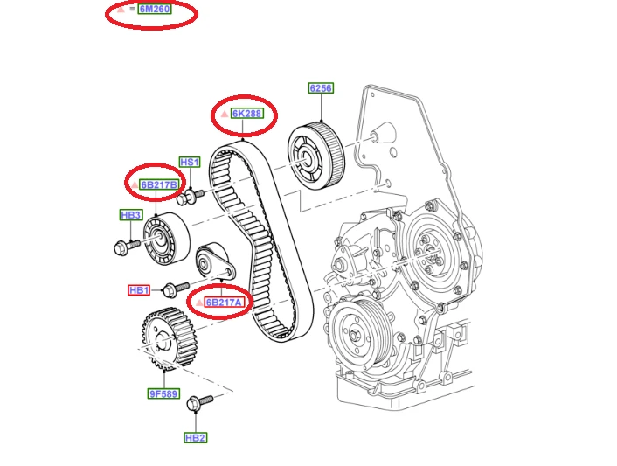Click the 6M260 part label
pyautogui.click(x=155, y=9)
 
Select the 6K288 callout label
pyautogui.click(x=246, y=114)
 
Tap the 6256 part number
pyautogui.click(x=321, y=88)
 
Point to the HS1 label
pyautogui.click(x=190, y=162)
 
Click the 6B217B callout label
pyautogui.click(x=159, y=184)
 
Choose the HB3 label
pyautogui.click(x=131, y=215)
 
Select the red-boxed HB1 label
pyautogui.click(x=139, y=290)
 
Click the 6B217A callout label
pyautogui.click(x=224, y=303)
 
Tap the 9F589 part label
pyautogui.click(x=163, y=393)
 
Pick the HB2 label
pyautogui.click(x=195, y=438)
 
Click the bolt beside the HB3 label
pyautogui.click(x=127, y=247)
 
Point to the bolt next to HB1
pyautogui.click(x=176, y=289)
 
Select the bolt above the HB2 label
pyautogui.click(x=199, y=403)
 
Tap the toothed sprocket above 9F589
pyautogui.click(x=170, y=339)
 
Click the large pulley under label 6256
pyautogui.click(x=316, y=156)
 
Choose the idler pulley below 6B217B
pyautogui.click(x=166, y=239)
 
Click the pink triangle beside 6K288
pyautogui.click(x=225, y=114)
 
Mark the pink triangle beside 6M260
pyautogui.click(x=121, y=9)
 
